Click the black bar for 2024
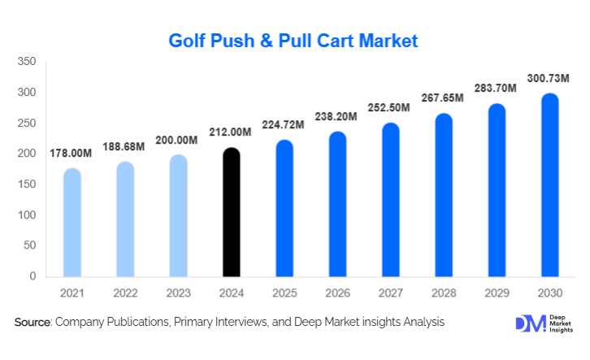coord(232,212)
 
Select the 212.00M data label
coord(232,132)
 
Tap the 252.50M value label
coord(390,107)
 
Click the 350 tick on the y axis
coord(27,62)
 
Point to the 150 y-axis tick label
coord(27,184)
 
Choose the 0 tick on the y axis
coord(33,276)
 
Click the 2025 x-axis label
coord(284,292)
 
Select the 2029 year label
coord(497,292)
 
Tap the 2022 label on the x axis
coord(125,292)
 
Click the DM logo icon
coord(530,323)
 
